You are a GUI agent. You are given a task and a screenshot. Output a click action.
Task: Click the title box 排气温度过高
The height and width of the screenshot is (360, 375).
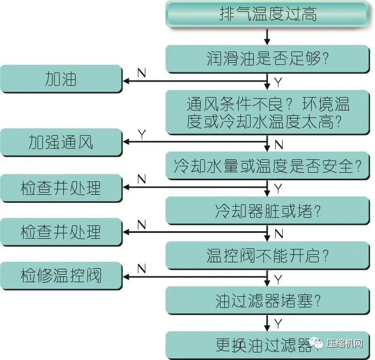click(268, 14)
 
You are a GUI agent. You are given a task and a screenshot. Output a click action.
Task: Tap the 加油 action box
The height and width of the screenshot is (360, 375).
click(61, 80)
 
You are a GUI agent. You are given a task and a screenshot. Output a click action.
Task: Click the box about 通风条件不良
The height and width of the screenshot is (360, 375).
click(268, 112)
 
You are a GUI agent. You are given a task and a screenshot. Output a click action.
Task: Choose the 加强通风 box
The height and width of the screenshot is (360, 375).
click(61, 143)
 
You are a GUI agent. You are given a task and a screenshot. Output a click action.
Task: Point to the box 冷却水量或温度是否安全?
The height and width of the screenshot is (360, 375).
click(268, 166)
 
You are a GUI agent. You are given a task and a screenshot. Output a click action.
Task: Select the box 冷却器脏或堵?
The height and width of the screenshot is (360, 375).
click(268, 210)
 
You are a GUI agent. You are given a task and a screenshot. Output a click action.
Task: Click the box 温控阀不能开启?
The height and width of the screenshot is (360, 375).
click(268, 254)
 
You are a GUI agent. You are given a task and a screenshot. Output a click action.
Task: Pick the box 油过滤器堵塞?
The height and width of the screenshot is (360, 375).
click(268, 300)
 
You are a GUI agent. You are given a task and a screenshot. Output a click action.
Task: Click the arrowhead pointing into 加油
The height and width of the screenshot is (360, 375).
click(127, 81)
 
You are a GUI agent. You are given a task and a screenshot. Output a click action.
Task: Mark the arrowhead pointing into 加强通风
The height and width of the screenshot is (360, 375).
click(127, 142)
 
